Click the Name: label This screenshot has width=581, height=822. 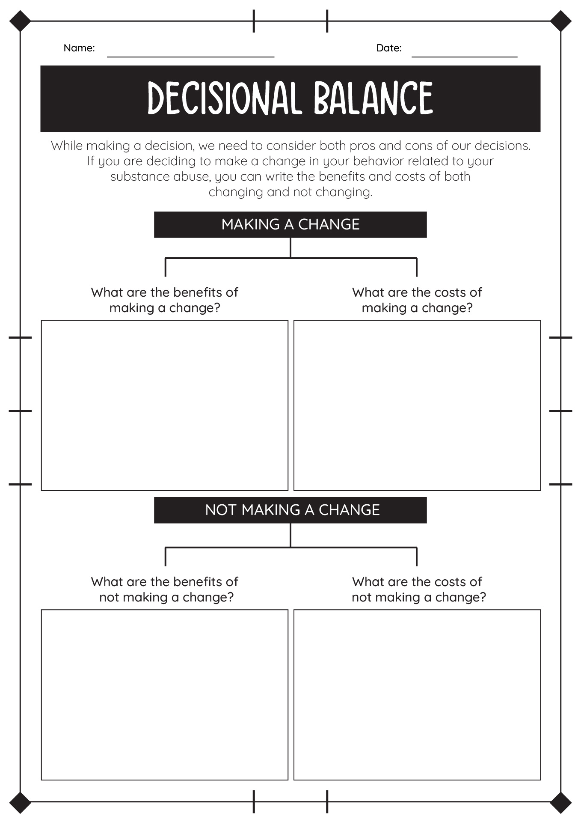79,48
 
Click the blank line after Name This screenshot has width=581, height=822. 190,57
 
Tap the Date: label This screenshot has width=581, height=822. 389,48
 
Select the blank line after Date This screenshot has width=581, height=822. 464,57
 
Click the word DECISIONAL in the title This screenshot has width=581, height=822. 222,98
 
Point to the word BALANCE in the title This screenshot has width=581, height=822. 373,98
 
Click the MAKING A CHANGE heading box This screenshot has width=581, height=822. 290,224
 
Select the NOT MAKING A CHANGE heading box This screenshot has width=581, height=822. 290,510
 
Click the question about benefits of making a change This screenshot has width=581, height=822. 165,300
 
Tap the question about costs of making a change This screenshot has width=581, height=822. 417,300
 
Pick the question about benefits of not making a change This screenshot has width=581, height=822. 165,590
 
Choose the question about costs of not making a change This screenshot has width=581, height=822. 418,590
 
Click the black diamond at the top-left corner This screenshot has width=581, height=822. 20,21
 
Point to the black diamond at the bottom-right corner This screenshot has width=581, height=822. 560,802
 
